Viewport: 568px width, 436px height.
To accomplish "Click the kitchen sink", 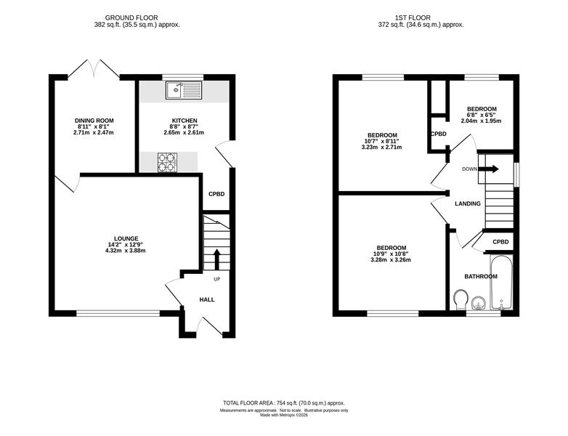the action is coord(184,90).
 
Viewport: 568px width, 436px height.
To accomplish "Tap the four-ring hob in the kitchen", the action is coord(167,162).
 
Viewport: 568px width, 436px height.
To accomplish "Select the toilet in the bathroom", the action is coord(461,299).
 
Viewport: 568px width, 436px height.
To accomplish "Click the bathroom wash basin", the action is coord(479,303).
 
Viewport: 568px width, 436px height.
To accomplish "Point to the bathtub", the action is coord(501,283).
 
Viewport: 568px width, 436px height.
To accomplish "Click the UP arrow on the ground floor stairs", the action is coord(217,259).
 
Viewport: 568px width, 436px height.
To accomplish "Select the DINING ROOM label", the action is coord(94,121).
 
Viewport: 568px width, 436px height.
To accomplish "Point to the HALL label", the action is coord(207,299).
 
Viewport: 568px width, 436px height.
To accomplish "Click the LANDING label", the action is coord(468,203).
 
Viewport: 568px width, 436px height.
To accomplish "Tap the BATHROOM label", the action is coord(481,277).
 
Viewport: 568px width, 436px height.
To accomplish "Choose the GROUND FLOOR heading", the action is coord(131,17).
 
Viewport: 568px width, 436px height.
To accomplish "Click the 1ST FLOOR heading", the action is coord(413,17).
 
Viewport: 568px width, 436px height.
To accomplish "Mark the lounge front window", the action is coord(118,313).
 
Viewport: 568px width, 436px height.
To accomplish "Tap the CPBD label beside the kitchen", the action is coord(216,194).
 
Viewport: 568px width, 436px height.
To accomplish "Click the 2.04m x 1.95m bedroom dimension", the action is coord(481,121).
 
